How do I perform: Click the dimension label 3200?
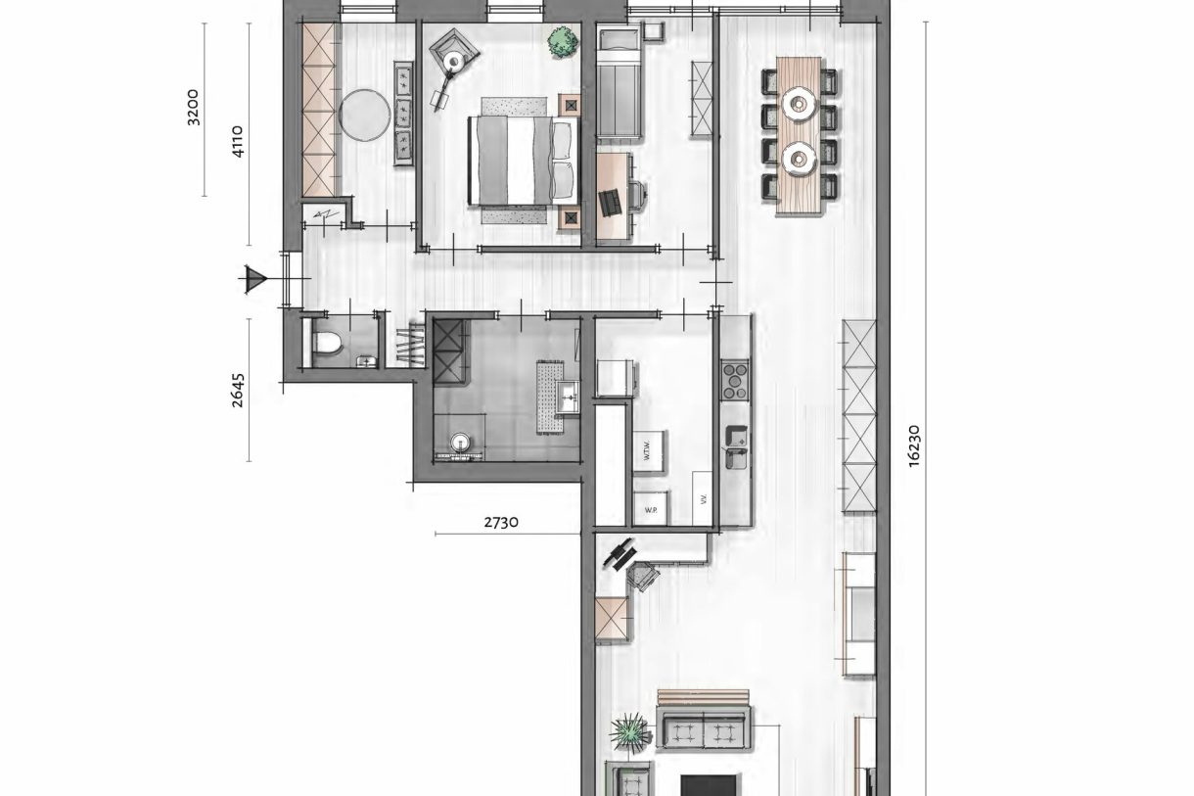pos(193,107)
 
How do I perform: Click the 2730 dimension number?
pos(502,522)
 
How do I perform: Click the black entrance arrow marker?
pos(256,281)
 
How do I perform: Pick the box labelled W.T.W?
pos(648,450)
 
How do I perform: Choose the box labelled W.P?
pos(649,510)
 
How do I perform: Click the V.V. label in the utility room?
pos(702,499)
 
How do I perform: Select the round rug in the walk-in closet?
pos(364,116)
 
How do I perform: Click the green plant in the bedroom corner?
pos(561,42)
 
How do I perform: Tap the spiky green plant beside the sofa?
pos(628,730)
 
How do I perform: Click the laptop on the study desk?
pos(612,201)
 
